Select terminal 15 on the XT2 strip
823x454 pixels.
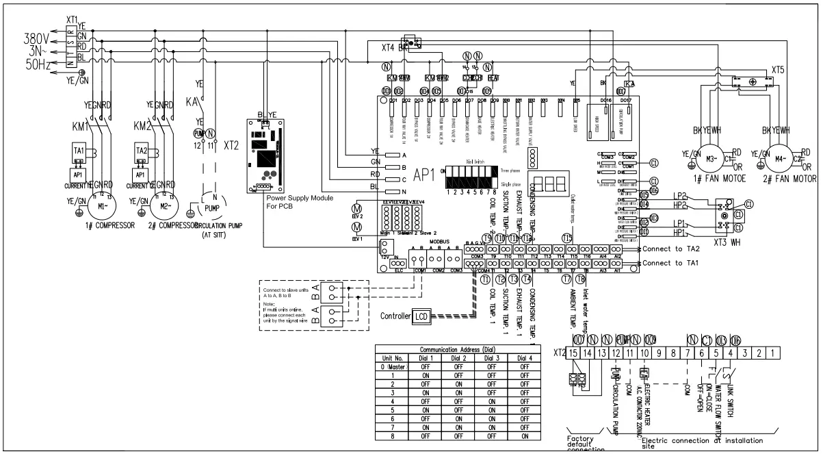click(574, 353)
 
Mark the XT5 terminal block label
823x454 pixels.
click(777, 70)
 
